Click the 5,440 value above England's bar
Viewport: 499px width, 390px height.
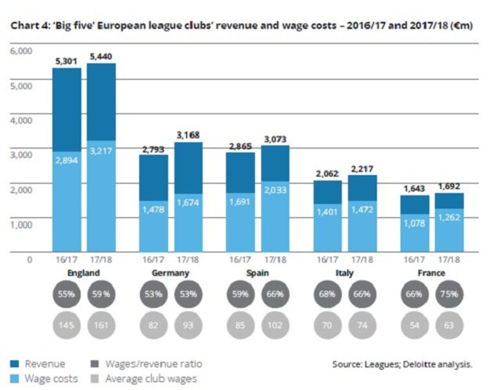point(101,57)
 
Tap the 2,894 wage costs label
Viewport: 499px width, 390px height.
point(66,161)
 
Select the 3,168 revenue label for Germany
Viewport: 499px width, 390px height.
point(188,135)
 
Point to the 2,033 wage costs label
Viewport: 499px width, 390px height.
point(275,190)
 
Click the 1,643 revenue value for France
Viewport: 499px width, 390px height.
point(414,188)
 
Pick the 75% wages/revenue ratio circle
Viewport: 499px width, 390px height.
point(449,294)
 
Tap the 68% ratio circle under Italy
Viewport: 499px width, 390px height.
point(327,294)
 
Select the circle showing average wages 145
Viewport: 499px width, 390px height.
point(66,325)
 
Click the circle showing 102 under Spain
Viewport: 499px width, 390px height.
point(275,325)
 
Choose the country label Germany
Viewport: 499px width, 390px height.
point(170,273)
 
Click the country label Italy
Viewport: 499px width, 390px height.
point(345,273)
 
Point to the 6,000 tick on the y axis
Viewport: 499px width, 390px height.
point(21,51)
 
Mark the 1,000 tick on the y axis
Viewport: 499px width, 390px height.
point(21,225)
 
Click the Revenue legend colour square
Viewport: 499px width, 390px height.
point(15,364)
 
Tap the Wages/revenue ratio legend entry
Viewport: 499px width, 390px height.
point(147,364)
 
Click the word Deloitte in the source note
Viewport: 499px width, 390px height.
point(419,364)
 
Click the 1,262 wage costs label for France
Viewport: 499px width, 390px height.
point(449,217)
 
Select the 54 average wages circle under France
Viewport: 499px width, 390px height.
point(414,325)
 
